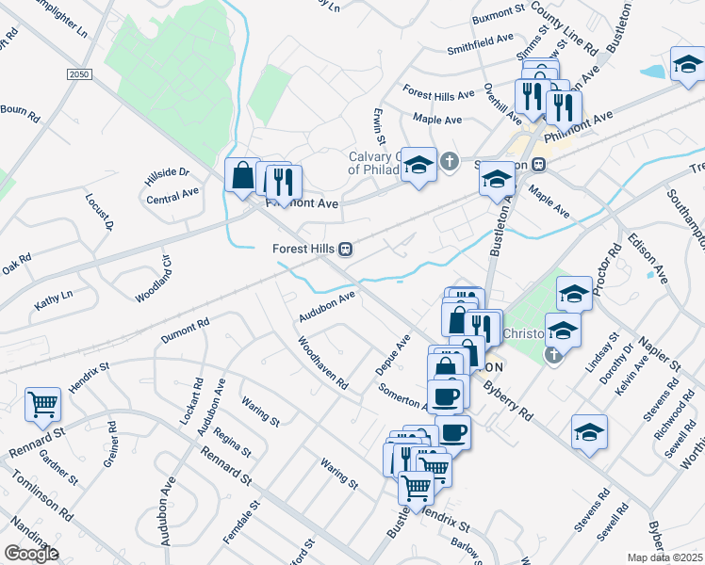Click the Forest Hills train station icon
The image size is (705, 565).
click(346, 249)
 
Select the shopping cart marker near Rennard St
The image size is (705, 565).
click(43, 405)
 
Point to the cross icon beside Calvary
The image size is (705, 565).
click(450, 161)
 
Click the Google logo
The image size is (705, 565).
click(31, 554)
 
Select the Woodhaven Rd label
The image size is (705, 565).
click(323, 363)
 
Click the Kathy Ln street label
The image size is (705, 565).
click(53, 301)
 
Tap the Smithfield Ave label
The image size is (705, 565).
click(480, 46)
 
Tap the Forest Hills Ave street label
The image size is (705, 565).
click(438, 95)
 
